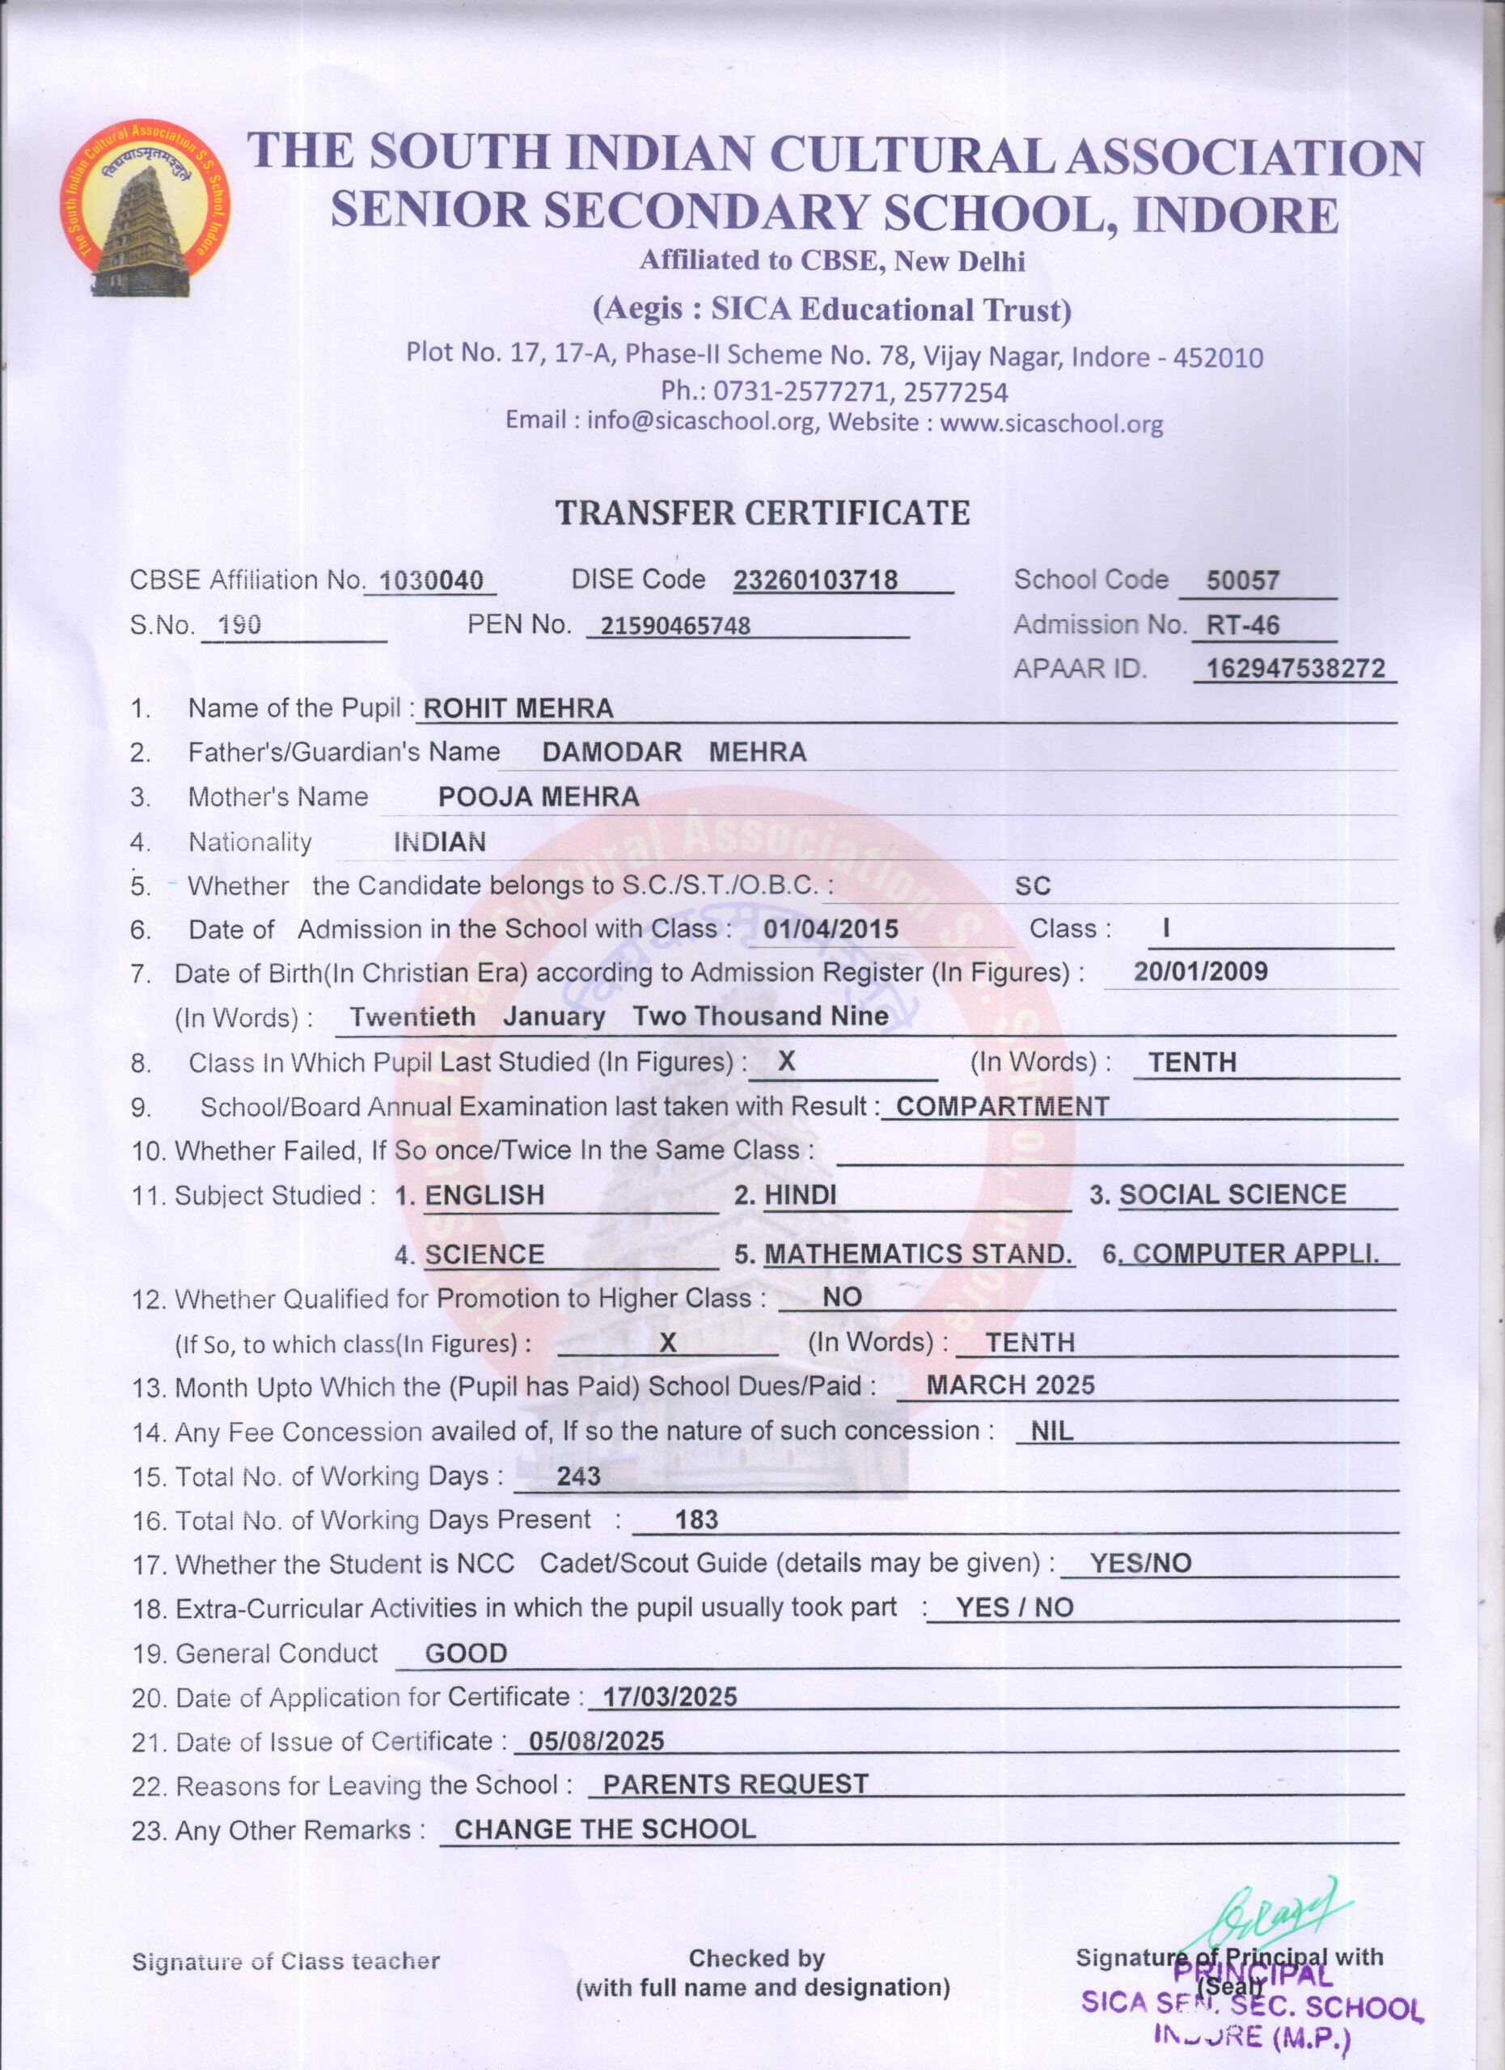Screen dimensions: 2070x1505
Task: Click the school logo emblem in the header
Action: tap(145, 208)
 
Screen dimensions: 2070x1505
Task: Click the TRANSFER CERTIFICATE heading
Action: tap(762, 513)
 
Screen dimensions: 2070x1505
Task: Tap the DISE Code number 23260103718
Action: tap(815, 581)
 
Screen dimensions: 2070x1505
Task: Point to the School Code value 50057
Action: tap(1242, 581)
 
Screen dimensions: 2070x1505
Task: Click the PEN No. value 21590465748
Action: tap(674, 626)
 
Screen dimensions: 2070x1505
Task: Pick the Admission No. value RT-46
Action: tap(1242, 625)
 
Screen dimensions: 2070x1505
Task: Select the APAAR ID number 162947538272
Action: tap(1295, 669)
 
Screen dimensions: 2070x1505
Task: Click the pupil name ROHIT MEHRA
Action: tap(518, 709)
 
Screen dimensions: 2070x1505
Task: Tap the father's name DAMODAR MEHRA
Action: tap(674, 753)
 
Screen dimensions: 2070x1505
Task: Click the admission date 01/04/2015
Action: tap(831, 930)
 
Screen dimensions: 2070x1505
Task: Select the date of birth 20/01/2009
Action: tap(1200, 971)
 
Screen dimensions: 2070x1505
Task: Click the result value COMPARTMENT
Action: tap(1001, 1106)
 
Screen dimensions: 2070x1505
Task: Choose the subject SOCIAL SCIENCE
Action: tap(1232, 1195)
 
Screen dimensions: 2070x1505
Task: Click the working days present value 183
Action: tap(695, 1519)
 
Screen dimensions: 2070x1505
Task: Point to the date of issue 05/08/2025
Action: tap(596, 1741)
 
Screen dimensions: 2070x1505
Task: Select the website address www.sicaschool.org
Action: tap(1051, 425)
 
